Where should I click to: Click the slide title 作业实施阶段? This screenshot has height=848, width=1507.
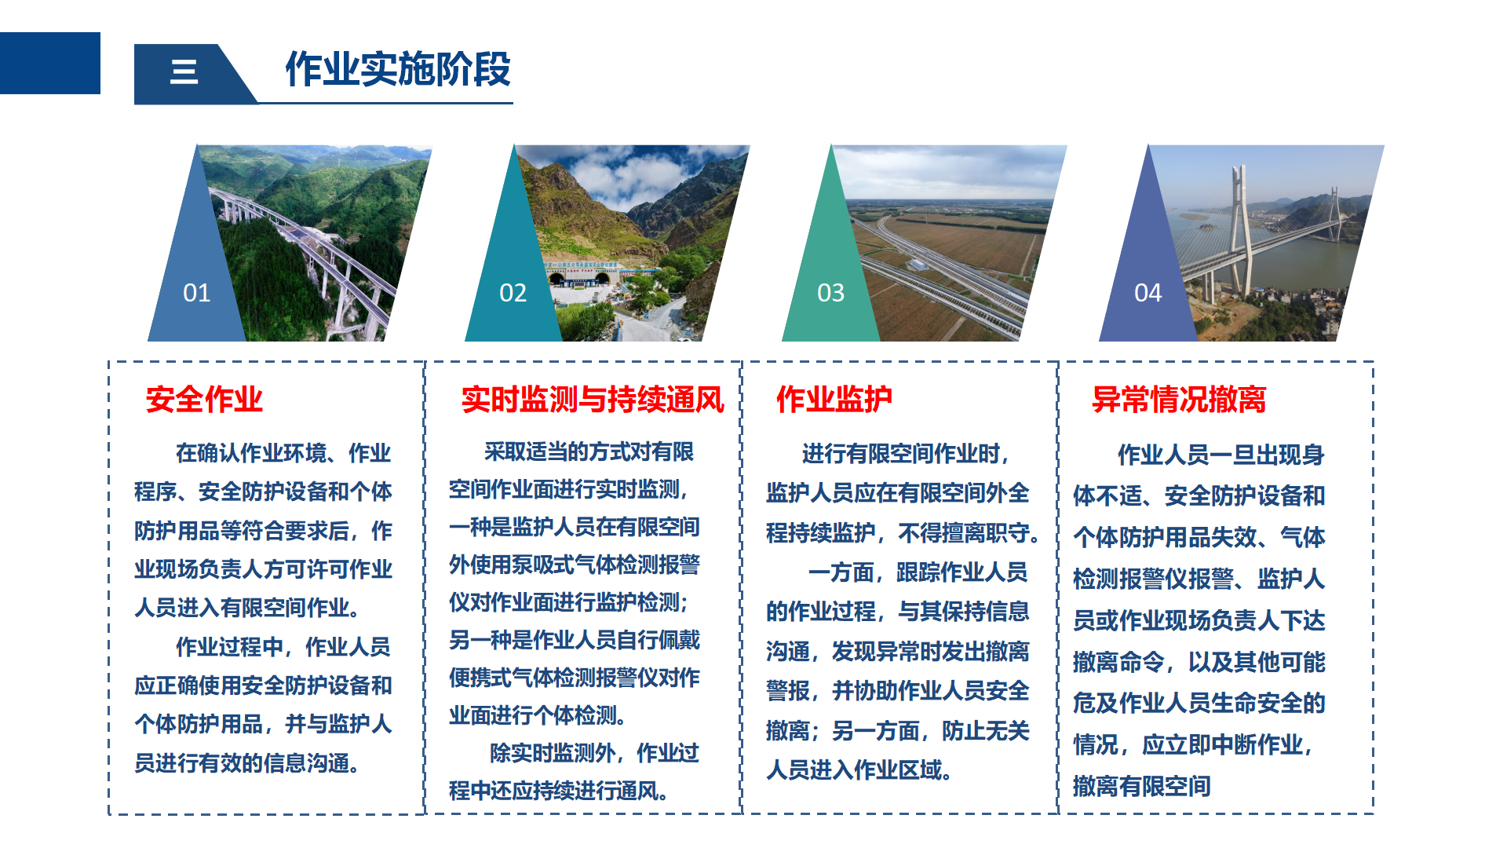point(398,69)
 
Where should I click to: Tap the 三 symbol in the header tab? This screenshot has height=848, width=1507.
point(184,71)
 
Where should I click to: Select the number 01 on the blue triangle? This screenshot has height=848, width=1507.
point(196,293)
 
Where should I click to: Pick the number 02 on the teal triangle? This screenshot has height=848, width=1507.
point(513,293)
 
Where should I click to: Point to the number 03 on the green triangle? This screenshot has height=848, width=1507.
point(830,293)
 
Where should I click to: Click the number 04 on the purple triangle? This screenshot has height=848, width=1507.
point(1148,293)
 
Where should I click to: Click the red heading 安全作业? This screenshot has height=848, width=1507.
point(204,400)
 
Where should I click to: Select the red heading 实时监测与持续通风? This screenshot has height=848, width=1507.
point(593,400)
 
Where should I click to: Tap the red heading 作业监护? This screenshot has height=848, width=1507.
point(834,400)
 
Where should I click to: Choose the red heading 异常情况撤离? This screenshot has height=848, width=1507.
point(1179,400)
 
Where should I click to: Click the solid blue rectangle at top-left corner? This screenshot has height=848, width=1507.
point(50,63)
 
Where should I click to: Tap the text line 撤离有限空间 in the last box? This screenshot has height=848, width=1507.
point(1142,786)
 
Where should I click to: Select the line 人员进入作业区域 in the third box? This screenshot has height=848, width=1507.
point(859,770)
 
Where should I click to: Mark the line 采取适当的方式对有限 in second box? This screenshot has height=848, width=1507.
point(589,451)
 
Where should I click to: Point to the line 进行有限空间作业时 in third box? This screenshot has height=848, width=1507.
point(906,454)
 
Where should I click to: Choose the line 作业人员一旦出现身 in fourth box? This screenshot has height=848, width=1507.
point(1221,455)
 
